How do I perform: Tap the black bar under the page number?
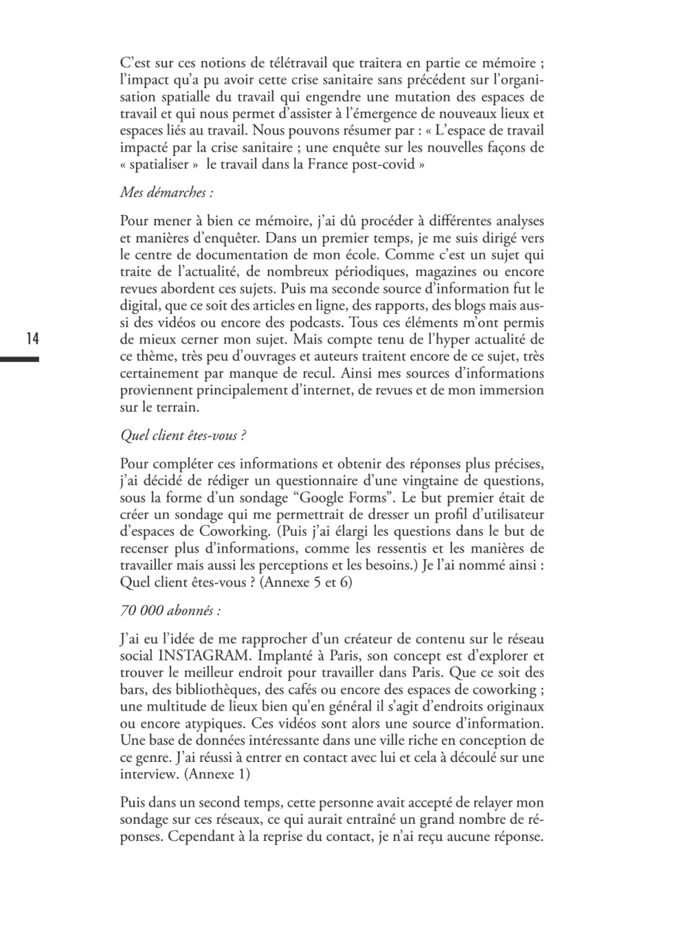(x=19, y=359)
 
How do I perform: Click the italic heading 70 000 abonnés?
(x=170, y=610)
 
